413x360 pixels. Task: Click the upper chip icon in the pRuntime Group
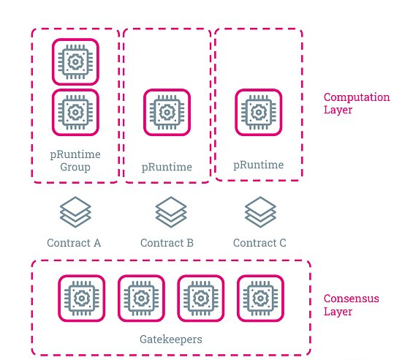tap(75, 62)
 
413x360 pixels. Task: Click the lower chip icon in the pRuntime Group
tap(75, 113)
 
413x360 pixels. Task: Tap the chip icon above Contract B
tap(167, 113)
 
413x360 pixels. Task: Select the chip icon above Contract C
tap(259, 113)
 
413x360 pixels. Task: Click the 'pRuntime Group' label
tap(75, 161)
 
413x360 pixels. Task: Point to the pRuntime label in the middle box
tap(167, 168)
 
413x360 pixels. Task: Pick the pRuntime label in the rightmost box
tap(259, 165)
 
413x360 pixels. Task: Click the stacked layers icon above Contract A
tap(75, 211)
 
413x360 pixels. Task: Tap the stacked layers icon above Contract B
tap(171, 211)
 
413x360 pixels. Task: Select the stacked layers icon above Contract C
tap(260, 211)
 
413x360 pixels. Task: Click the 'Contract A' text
tap(74, 243)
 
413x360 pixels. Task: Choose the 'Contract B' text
tap(167, 243)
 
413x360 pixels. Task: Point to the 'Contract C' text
tap(259, 243)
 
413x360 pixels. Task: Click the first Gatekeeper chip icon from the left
tap(82, 299)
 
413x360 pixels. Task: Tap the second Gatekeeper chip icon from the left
tap(141, 299)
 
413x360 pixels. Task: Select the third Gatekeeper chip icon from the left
tap(201, 299)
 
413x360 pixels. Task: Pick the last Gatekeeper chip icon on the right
tap(260, 299)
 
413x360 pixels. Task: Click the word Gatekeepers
tap(171, 340)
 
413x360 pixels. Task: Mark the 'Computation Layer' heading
tap(357, 103)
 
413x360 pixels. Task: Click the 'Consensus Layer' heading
tap(352, 305)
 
